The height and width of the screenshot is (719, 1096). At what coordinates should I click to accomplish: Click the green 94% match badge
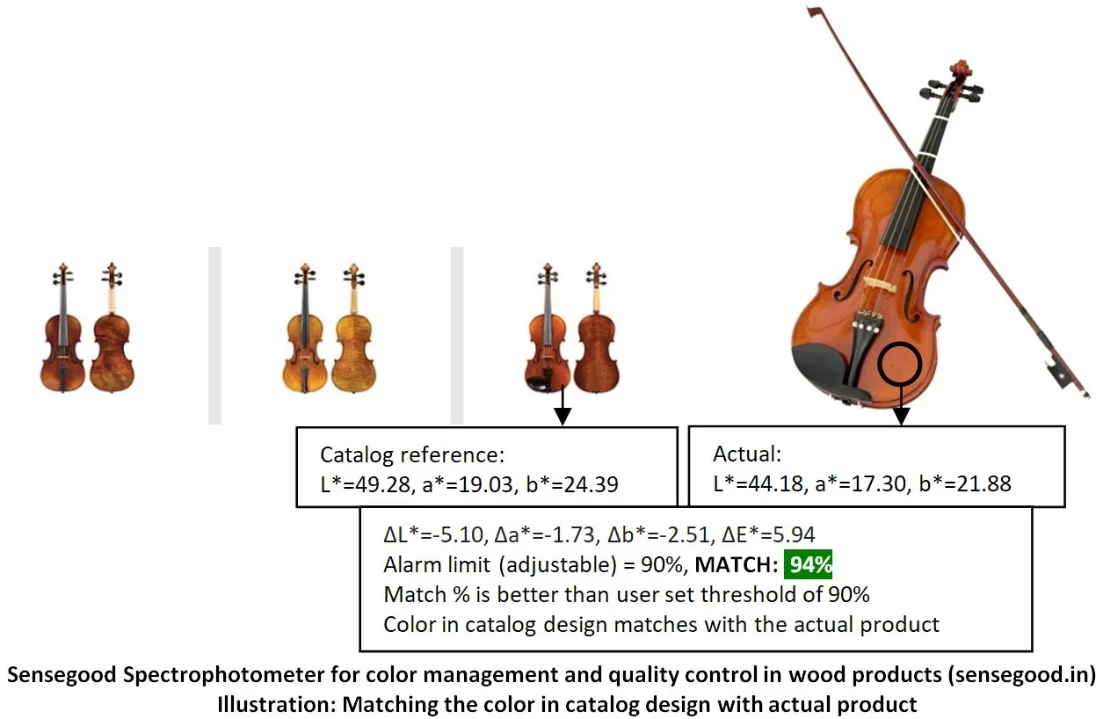coord(808,564)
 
